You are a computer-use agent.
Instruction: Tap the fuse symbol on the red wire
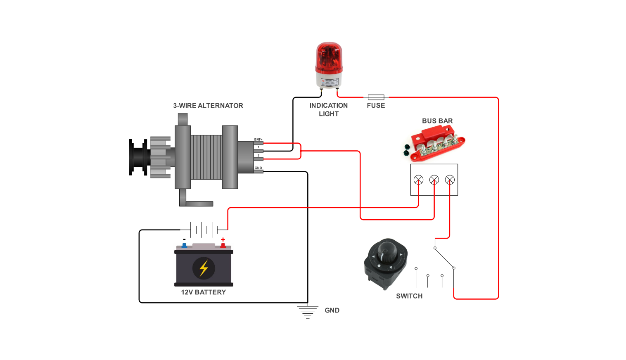(x=376, y=97)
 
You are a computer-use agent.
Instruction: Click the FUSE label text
(x=376, y=106)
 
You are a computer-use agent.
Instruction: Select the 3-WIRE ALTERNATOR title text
(x=208, y=106)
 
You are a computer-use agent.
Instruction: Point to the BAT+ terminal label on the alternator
(x=258, y=140)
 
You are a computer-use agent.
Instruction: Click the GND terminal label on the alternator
(x=258, y=168)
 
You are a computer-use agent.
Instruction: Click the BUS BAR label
(x=437, y=121)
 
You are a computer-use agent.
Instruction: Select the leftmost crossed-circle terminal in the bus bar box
(x=418, y=180)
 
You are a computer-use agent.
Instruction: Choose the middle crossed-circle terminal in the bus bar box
(x=434, y=180)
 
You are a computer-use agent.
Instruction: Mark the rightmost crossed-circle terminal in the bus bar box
(x=450, y=180)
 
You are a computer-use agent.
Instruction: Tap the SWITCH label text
(x=409, y=296)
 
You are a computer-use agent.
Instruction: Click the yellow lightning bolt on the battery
(x=204, y=268)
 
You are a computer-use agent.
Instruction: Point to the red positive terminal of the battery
(x=223, y=245)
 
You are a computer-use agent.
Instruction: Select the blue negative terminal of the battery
(x=184, y=245)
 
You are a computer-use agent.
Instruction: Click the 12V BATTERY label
(x=204, y=292)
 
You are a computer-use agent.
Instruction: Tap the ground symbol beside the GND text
(x=308, y=312)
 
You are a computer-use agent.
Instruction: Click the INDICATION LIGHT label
(x=329, y=110)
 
